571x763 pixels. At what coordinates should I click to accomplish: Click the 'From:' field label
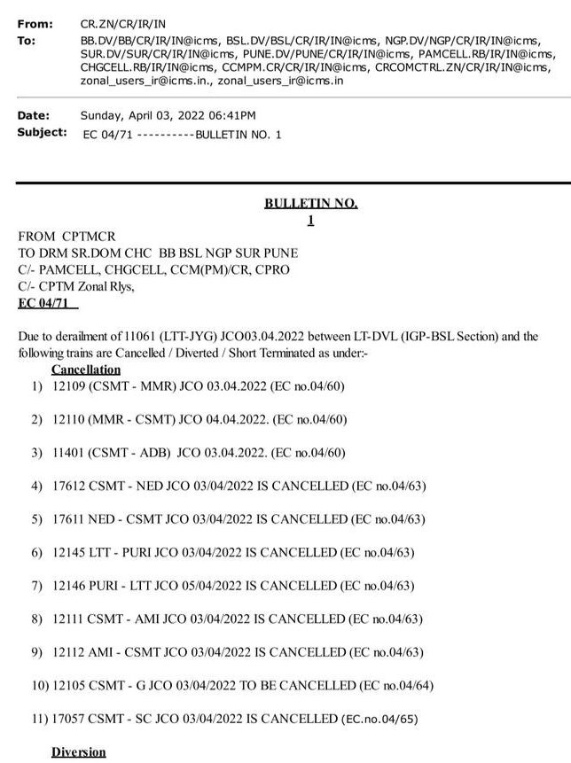click(x=35, y=24)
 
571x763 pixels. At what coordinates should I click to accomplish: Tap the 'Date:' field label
click(x=34, y=115)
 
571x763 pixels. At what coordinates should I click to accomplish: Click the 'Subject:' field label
click(x=42, y=132)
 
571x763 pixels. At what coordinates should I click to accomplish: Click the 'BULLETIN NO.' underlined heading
click(x=310, y=203)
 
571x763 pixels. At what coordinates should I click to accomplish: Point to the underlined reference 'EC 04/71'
click(x=47, y=303)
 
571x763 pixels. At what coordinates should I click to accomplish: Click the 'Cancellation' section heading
click(x=86, y=369)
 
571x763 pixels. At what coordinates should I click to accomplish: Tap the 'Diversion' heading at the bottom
click(x=79, y=752)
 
